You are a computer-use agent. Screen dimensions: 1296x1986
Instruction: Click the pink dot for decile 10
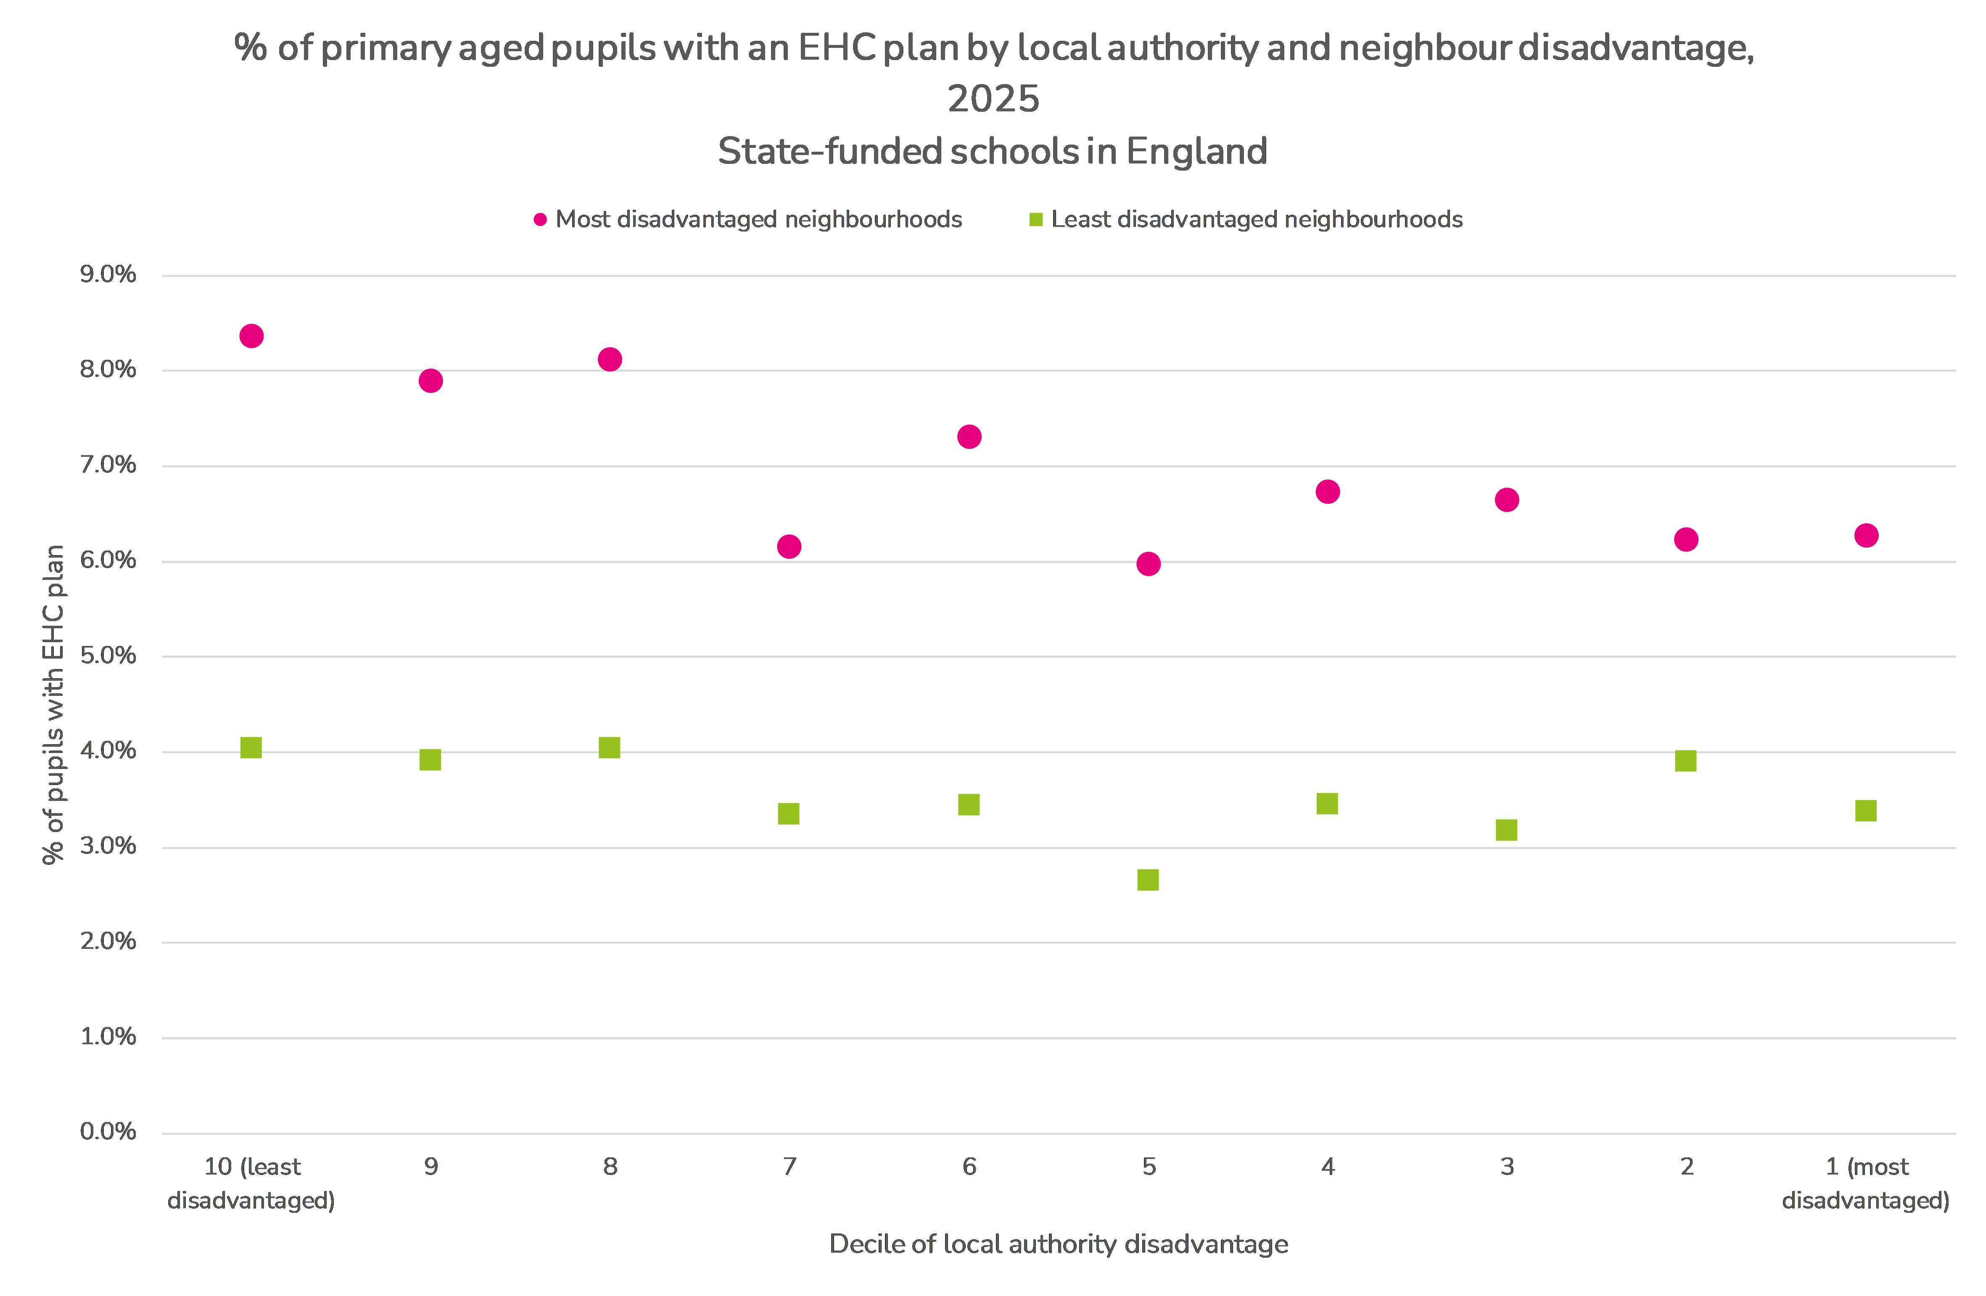coord(251,336)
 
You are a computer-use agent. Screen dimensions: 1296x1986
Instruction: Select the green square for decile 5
coord(1148,880)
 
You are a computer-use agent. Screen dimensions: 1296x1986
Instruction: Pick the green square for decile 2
coord(1685,761)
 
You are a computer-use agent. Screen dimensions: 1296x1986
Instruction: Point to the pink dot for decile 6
coord(969,437)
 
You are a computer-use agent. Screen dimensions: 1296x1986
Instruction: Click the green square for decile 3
coord(1506,830)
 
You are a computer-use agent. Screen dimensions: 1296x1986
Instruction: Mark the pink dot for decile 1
coord(1866,535)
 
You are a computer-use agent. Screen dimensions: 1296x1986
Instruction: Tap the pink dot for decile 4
coord(1328,492)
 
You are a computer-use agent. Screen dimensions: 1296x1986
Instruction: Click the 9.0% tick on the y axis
coord(108,274)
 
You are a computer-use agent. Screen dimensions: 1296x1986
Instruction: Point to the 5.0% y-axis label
coord(108,656)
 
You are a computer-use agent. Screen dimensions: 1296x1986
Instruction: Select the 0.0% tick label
coord(108,1132)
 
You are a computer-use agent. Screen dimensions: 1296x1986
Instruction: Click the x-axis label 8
coord(610,1167)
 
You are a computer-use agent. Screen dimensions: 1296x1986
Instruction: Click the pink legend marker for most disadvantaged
coord(540,219)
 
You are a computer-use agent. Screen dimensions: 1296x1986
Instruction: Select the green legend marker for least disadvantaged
coord(1035,219)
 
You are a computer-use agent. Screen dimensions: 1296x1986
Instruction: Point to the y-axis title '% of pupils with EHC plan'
coord(53,705)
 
